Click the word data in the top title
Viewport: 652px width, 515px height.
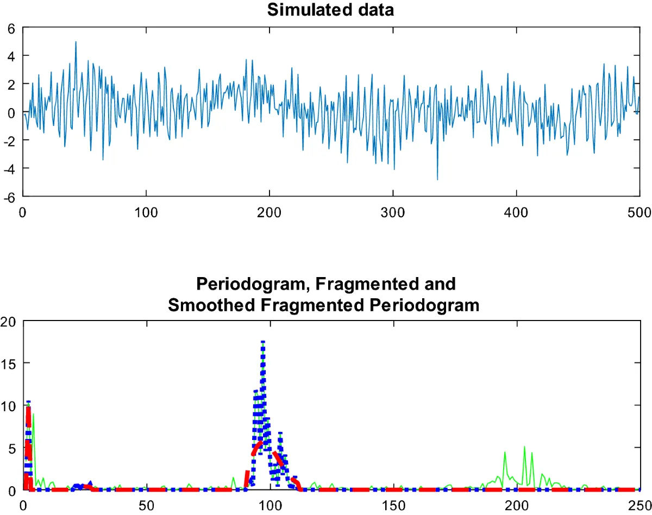[375, 10]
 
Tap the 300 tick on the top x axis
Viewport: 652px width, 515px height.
[393, 211]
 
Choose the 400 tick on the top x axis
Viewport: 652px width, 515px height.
[516, 211]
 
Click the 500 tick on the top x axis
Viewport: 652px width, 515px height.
[640, 211]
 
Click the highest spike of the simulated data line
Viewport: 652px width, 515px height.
[76, 42]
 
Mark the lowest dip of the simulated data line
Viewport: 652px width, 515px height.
[437, 179]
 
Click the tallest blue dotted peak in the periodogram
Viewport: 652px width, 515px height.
[263, 342]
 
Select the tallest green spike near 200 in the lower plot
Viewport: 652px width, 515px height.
[524, 447]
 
